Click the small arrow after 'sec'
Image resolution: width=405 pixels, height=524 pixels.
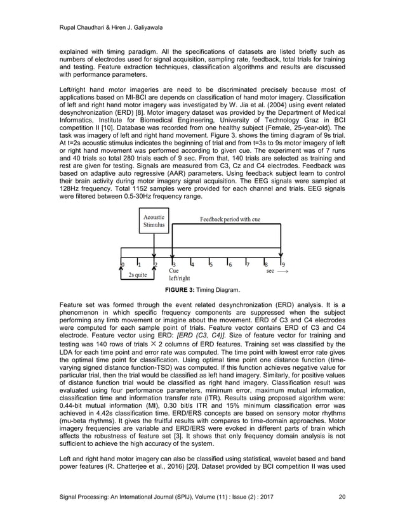coord(283,270)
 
